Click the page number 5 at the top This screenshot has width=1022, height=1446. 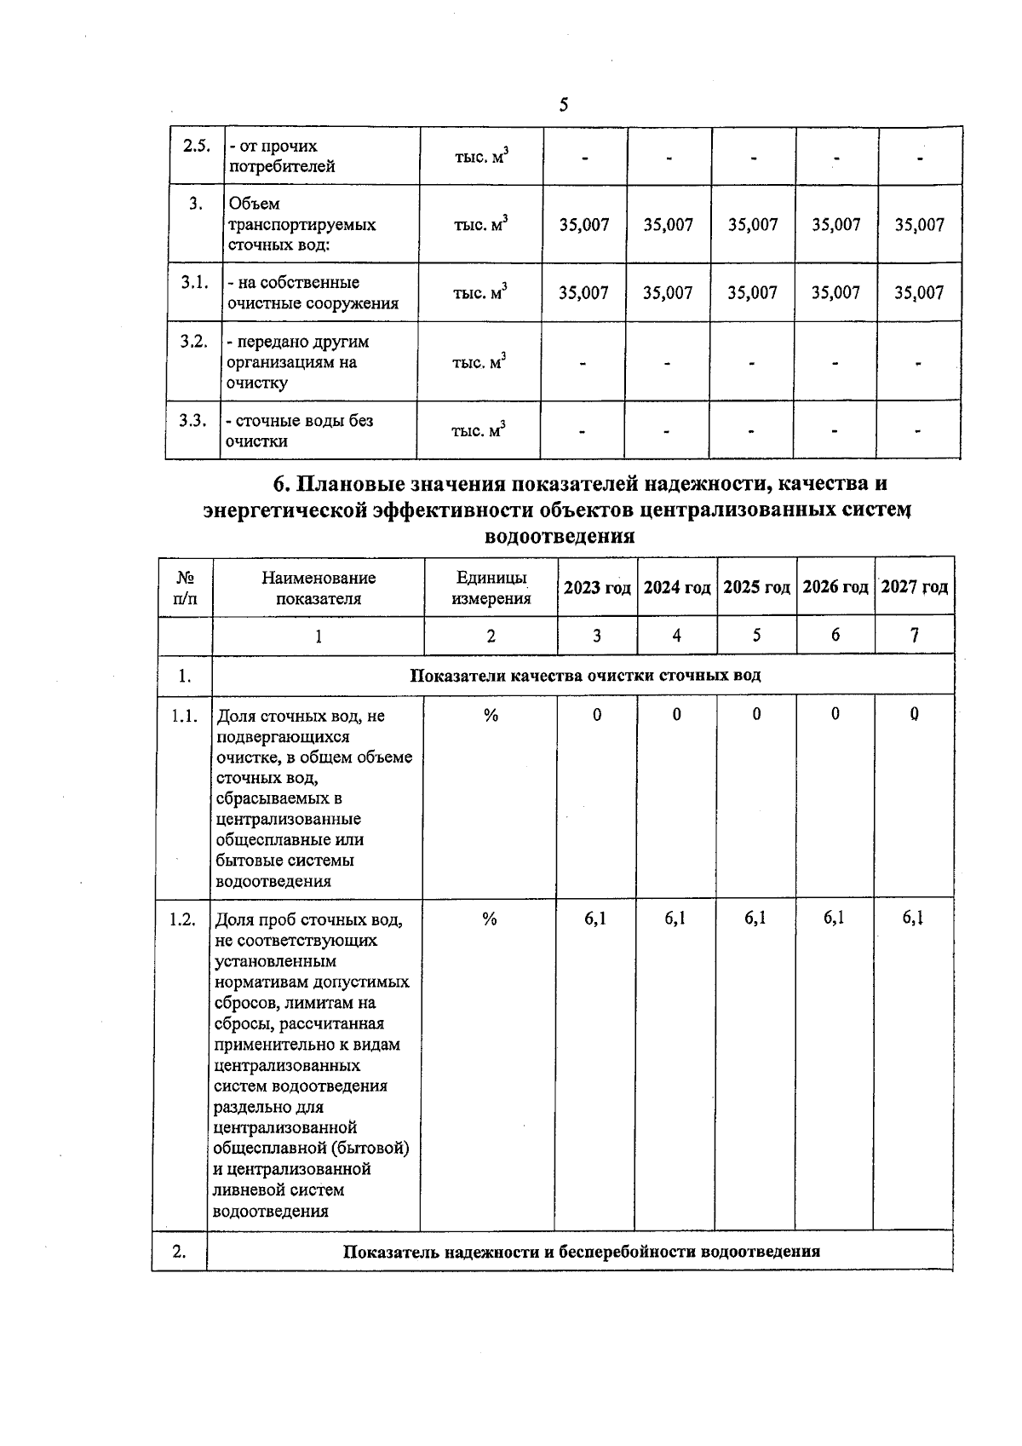coord(564,105)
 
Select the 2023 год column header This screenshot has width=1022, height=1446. coord(597,587)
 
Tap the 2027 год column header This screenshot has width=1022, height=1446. coord(914,587)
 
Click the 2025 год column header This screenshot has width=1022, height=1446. coord(756,587)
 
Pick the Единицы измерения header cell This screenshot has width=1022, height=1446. coord(491,588)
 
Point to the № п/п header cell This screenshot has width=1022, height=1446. coord(185,588)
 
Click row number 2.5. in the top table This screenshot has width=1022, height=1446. coord(197,145)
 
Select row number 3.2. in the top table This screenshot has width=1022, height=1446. coord(194,342)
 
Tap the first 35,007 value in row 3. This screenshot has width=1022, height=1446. coord(584,225)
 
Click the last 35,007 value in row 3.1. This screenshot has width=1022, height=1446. coord(919,293)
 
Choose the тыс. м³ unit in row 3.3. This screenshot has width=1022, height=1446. coord(479,430)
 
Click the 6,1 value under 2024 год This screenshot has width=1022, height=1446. coord(675,918)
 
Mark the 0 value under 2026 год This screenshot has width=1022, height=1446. coord(835,714)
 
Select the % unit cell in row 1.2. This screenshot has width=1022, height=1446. coord(490,919)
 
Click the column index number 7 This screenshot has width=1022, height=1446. coord(914,635)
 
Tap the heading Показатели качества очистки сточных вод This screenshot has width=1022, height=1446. coord(585,676)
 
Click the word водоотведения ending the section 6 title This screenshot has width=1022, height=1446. coord(559,536)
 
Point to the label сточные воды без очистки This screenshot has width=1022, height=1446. coord(299,430)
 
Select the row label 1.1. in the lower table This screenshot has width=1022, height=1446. coord(185,716)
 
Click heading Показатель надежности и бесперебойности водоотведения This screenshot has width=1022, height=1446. coord(581,1252)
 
